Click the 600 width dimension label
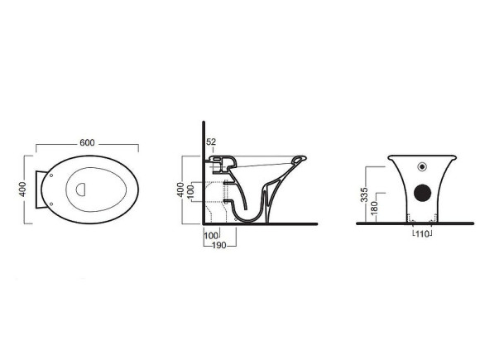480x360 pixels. point(87,142)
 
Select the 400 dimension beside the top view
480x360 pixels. point(22,190)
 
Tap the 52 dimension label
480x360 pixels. point(211,142)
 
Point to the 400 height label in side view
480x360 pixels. point(180,190)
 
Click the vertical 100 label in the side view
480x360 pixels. point(190,192)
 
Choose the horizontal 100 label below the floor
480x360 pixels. point(211,236)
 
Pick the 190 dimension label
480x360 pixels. point(219,245)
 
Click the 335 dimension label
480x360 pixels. point(364,194)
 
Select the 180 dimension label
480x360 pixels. point(374,208)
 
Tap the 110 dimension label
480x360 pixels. point(422,234)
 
